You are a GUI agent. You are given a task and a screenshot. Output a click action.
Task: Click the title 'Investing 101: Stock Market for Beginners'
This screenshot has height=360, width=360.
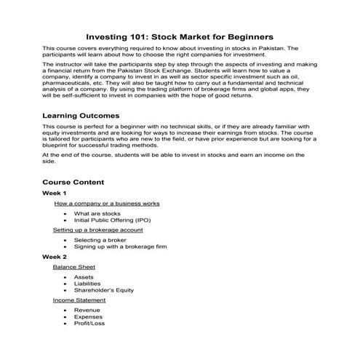click(180, 35)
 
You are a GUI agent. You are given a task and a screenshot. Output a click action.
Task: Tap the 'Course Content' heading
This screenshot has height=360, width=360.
click(73, 182)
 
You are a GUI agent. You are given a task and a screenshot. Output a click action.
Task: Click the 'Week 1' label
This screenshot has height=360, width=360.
click(54, 193)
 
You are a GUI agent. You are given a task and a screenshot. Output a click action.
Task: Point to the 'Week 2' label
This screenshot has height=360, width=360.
click(54, 257)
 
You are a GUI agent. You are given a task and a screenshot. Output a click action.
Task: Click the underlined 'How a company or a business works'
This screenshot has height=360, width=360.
click(107, 204)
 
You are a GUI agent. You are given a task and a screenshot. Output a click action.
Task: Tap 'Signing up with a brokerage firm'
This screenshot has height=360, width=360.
click(120, 247)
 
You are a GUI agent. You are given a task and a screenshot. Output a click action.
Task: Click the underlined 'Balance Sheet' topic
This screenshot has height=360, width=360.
click(73, 267)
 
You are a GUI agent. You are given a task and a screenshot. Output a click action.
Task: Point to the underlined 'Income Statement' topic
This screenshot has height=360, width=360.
click(79, 300)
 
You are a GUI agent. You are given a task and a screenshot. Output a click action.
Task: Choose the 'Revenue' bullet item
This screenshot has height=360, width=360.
click(87, 310)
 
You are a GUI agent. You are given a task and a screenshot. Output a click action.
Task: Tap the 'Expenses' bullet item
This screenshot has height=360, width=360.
click(88, 316)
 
